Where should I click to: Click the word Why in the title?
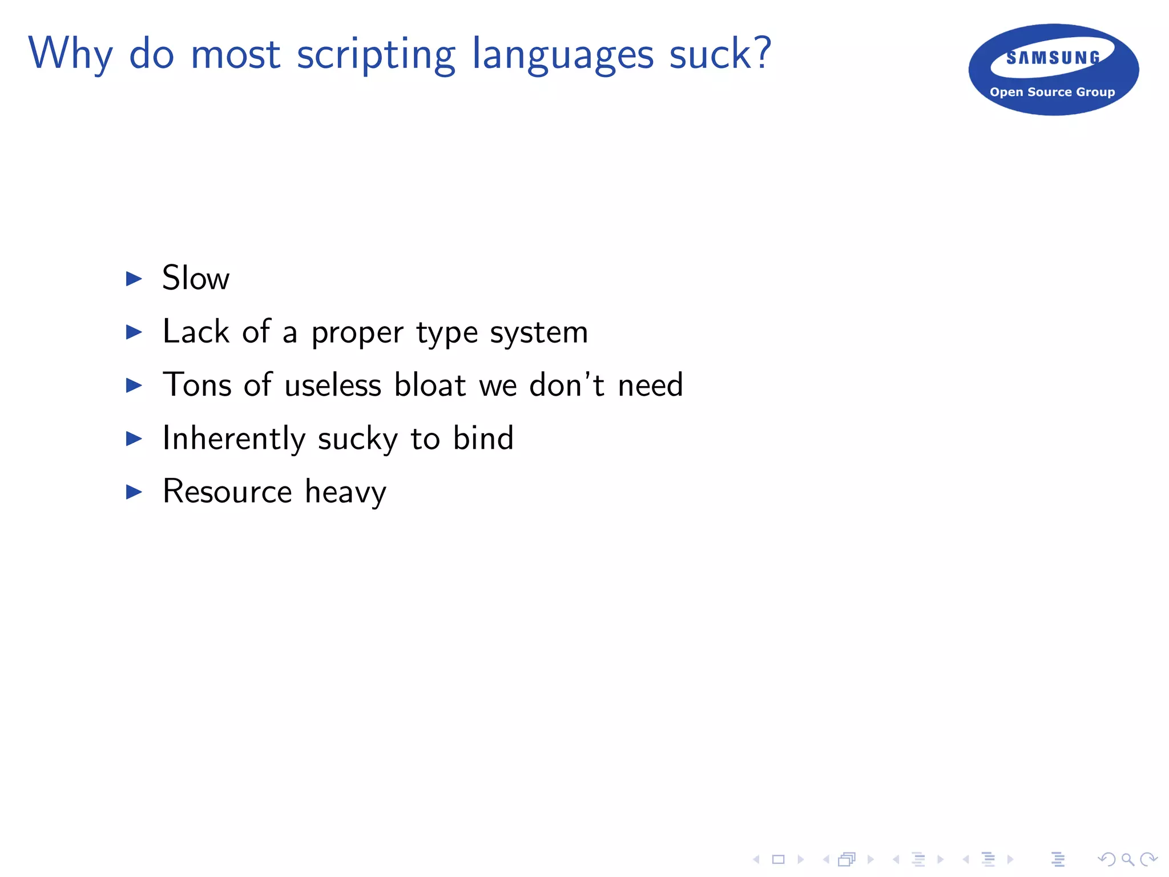pyautogui.click(x=70, y=54)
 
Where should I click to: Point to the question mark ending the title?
pyautogui.click(x=761, y=53)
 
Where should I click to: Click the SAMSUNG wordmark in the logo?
pyautogui.click(x=1053, y=58)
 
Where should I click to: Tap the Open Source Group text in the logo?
pyautogui.click(x=1052, y=92)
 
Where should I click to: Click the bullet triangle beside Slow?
pyautogui.click(x=134, y=279)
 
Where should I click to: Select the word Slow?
pyautogui.click(x=196, y=278)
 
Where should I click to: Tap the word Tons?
pyautogui.click(x=197, y=384)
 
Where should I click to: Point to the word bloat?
pyautogui.click(x=430, y=384)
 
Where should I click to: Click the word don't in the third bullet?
pyautogui.click(x=566, y=384)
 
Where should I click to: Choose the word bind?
pyautogui.click(x=483, y=438)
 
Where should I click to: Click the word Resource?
pyautogui.click(x=227, y=491)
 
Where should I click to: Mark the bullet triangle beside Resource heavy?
pyautogui.click(x=134, y=492)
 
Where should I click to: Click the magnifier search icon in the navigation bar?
pyautogui.click(x=1127, y=859)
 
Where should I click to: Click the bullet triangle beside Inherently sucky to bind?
pyautogui.click(x=134, y=438)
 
